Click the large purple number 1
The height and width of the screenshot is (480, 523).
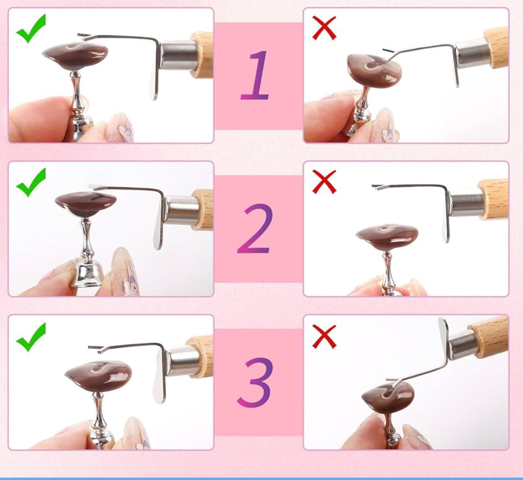pos(255,75)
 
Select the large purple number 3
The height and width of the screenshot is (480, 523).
pos(255,382)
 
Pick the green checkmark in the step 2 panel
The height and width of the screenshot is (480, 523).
pos(31,182)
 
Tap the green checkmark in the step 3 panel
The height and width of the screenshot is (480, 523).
pos(31,337)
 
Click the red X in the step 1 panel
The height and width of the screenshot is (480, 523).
pos(324,28)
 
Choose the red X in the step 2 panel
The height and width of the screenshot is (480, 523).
pos(324,182)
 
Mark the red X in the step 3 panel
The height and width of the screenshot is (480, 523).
pos(324,336)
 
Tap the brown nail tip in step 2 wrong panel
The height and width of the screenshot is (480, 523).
pos(387,237)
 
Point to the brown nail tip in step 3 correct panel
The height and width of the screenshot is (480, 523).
pos(98,376)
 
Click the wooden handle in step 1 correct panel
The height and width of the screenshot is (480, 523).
pos(202,55)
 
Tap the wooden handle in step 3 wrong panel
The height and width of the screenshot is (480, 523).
pos(489,336)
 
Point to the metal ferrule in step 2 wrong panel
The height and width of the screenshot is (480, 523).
pos(465,203)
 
